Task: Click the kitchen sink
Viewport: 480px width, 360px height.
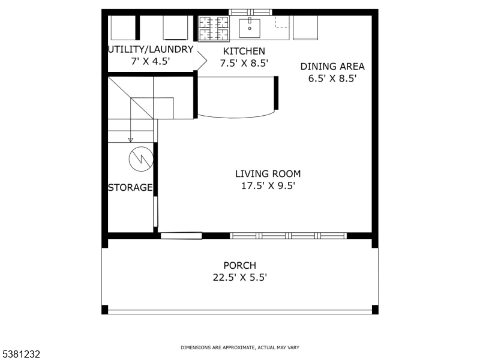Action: [x=249, y=27]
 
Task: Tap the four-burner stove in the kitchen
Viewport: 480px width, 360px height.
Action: [x=214, y=29]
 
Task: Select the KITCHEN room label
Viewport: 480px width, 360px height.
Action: [x=244, y=51]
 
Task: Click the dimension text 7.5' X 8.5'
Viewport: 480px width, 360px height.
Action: [x=244, y=63]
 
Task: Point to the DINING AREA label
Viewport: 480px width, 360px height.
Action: [x=332, y=67]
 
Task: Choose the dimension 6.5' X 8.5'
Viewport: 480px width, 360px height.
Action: [x=332, y=79]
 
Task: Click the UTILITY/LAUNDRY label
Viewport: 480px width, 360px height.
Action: [x=151, y=50]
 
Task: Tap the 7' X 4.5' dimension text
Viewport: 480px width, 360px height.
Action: [x=151, y=62]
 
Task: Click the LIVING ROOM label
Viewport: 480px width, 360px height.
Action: [x=268, y=174]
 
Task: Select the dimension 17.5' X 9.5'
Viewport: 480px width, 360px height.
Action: [x=268, y=186]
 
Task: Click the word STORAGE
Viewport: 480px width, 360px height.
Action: [x=130, y=188]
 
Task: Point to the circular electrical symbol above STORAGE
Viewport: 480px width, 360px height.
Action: [x=141, y=158]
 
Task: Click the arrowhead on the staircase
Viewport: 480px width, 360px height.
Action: [x=131, y=140]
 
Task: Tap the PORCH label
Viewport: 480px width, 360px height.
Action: [x=239, y=265]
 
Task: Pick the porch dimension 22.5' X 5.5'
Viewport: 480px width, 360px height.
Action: [x=239, y=277]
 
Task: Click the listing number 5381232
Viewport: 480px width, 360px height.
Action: [x=21, y=354]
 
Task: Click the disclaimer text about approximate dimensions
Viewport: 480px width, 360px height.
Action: [x=240, y=347]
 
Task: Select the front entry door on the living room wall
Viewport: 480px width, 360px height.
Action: [x=181, y=236]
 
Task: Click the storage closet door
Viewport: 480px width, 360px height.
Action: [x=155, y=211]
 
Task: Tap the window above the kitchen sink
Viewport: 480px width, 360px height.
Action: [x=250, y=12]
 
